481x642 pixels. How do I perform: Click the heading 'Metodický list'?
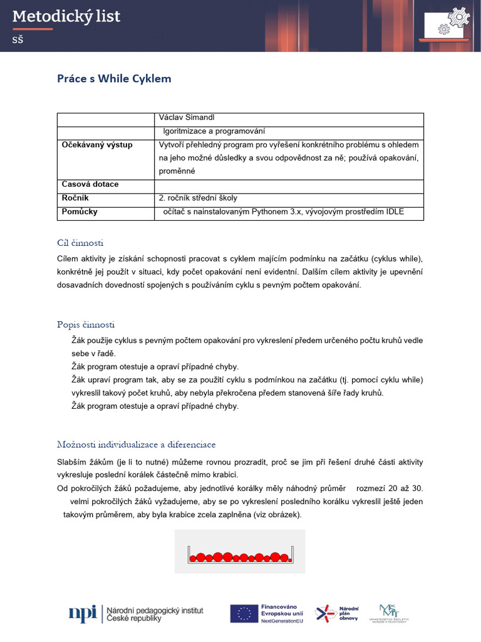[x=66, y=17]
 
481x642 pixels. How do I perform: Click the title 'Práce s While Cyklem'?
[x=114, y=78]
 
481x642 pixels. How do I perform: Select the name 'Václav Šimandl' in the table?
[x=187, y=118]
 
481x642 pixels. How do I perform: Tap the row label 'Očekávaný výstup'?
[x=97, y=145]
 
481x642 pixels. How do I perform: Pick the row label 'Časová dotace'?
[x=90, y=184]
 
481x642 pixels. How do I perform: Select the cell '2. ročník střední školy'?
[x=198, y=197]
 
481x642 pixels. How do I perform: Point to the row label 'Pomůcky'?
[x=80, y=212]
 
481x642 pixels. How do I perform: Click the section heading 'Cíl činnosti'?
[x=80, y=243]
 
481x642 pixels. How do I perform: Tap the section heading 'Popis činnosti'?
[x=86, y=325]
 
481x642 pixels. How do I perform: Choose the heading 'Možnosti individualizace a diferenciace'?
[x=136, y=445]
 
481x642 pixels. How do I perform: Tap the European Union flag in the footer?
[x=244, y=613]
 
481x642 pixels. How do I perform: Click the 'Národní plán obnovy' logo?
[x=336, y=613]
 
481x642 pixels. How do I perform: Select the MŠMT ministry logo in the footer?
[x=393, y=613]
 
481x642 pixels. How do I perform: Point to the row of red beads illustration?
[x=240, y=556]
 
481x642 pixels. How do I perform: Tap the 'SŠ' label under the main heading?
[x=18, y=39]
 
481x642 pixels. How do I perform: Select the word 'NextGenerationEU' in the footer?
[x=283, y=621]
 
